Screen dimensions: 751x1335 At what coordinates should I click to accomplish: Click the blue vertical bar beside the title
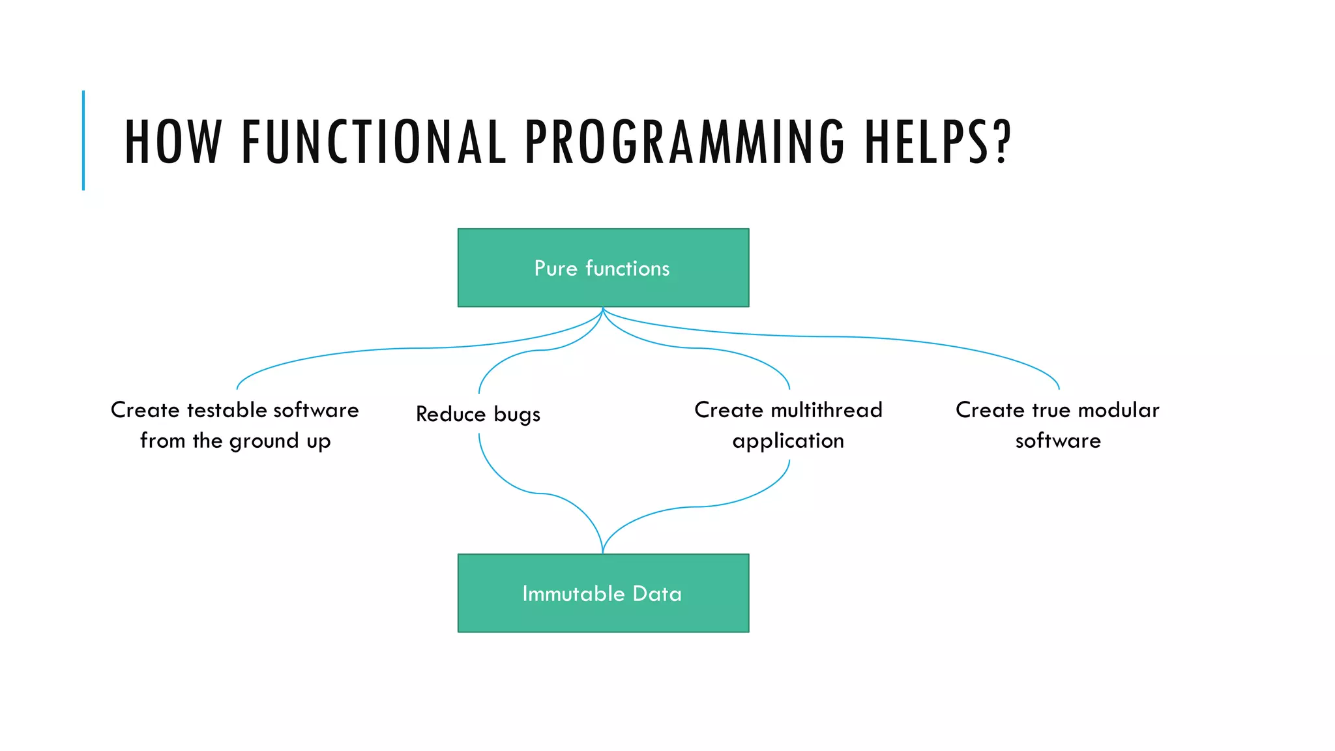[83, 140]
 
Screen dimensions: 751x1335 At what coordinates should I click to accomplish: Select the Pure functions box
[603, 267]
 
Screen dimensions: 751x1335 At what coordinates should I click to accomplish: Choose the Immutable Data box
[603, 593]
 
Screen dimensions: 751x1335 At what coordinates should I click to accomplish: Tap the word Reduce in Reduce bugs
[450, 415]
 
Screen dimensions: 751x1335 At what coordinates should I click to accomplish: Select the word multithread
[826, 410]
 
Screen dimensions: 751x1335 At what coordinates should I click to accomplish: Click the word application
[788, 441]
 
